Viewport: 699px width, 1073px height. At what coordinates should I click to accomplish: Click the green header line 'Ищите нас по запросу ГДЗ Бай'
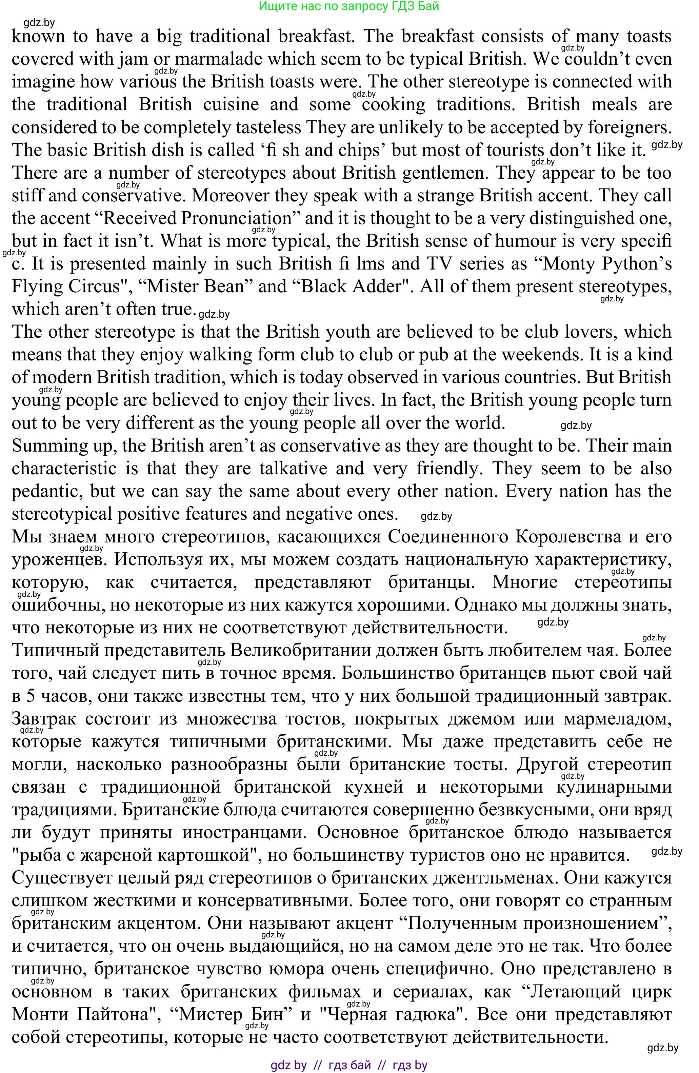click(x=349, y=6)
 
